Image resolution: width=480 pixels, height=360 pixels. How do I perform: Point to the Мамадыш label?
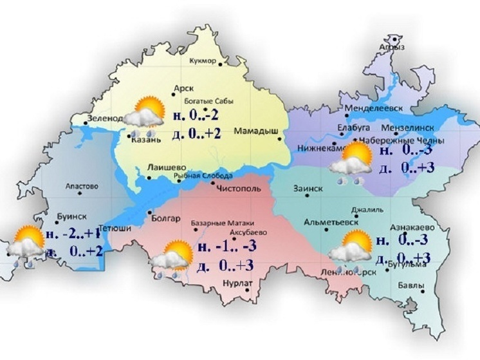pos(255,131)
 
